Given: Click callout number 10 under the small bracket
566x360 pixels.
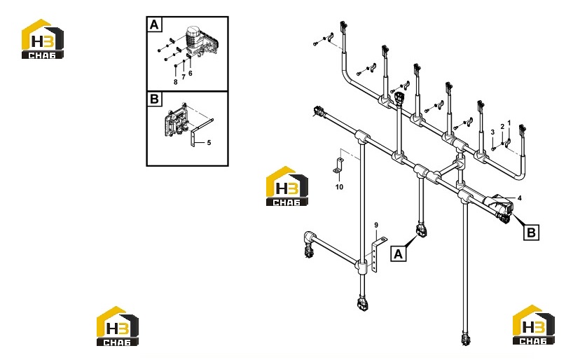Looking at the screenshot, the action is point(339,187).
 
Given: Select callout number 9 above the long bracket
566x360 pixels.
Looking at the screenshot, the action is point(376,225).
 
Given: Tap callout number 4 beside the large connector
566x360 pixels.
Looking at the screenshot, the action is point(520,198).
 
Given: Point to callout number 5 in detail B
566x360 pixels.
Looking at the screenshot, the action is point(209,143).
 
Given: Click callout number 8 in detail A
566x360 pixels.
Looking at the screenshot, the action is point(175,83).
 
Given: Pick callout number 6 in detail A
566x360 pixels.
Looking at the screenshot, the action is point(191,74).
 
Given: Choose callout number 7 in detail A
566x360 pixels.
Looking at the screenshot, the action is point(184,77).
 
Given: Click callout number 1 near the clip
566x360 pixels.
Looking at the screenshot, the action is point(509,123).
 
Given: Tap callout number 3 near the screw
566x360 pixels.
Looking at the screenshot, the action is point(492,132).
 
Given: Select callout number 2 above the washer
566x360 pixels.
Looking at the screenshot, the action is point(502,127).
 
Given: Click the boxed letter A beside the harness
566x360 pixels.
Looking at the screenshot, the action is point(398,254).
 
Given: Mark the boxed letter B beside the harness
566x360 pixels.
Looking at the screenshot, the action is point(532,232).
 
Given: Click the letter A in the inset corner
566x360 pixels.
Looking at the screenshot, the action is point(154,25).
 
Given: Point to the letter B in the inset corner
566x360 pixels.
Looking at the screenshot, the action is point(154,99).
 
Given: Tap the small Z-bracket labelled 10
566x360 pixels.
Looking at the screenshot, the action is point(338,165).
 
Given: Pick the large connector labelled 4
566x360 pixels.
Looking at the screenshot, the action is point(499,207).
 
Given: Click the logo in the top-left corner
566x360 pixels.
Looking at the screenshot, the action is point(43,39).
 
